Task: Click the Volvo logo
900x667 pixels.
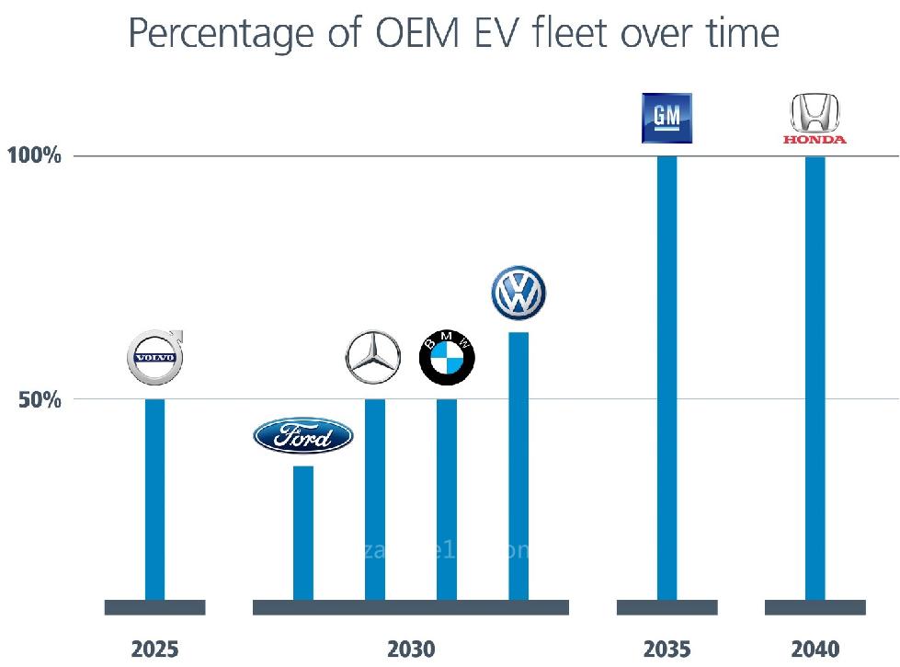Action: click(x=154, y=357)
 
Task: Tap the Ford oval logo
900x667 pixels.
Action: click(x=303, y=437)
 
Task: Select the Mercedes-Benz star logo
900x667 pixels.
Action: click(x=373, y=357)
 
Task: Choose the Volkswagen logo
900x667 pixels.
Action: click(x=518, y=293)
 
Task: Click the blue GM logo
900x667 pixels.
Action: click(x=666, y=118)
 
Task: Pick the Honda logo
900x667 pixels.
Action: click(x=815, y=121)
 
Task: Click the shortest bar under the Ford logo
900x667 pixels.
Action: click(x=303, y=533)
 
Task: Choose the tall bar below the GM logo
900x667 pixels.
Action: click(x=667, y=377)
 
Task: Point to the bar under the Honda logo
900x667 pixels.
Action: click(x=815, y=377)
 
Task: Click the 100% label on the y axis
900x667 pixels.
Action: click(x=34, y=155)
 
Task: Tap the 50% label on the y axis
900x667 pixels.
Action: click(x=40, y=400)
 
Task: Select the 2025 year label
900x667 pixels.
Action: click(x=154, y=649)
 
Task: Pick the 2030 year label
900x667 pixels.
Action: click(x=411, y=649)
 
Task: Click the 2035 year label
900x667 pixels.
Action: click(x=667, y=649)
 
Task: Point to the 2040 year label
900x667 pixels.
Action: click(x=815, y=649)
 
